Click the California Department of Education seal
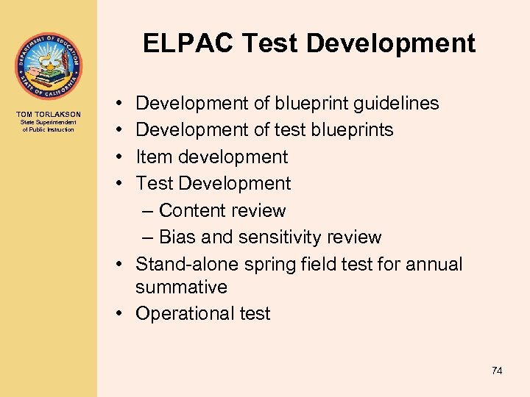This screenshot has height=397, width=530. (x=48, y=66)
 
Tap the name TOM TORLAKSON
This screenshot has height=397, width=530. (x=48, y=114)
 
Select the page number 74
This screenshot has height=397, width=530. (x=497, y=371)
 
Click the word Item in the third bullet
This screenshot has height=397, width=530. (x=153, y=157)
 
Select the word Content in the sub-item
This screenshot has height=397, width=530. (x=192, y=211)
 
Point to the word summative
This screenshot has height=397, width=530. (x=181, y=287)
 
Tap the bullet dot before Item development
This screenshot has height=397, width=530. (x=119, y=157)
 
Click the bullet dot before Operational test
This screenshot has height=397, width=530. (x=119, y=314)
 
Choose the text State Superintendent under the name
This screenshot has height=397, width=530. (x=48, y=122)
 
